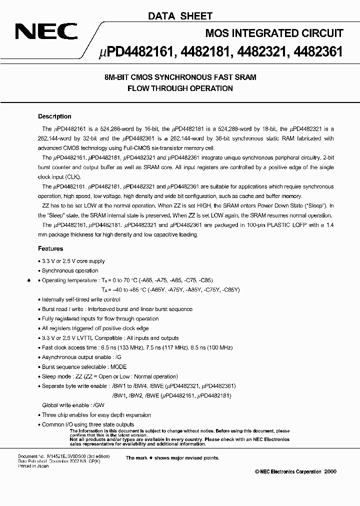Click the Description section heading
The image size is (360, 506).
(54, 116)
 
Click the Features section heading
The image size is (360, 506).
(50, 248)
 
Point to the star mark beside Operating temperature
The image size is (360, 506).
(28, 280)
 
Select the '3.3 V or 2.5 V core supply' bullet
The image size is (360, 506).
(73, 261)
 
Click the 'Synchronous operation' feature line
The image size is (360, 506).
(70, 270)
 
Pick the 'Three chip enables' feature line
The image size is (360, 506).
(96, 415)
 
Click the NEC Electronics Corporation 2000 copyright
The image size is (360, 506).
(296, 471)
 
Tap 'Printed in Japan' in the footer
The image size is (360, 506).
(33, 466)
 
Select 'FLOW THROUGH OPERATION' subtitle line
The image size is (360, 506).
(180, 88)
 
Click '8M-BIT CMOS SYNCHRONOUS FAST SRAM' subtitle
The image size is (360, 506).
(180, 77)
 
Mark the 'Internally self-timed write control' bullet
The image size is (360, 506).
(81, 299)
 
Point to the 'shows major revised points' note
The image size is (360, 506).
(172, 457)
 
